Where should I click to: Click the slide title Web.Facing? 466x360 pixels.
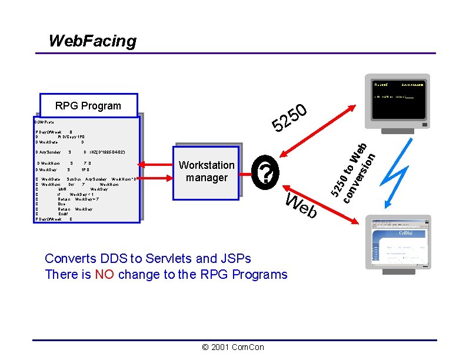point(92,41)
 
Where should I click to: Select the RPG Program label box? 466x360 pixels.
point(88,106)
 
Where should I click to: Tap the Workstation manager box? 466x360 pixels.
point(207,171)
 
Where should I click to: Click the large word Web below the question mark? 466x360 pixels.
point(301,205)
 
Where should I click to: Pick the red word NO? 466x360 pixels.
point(104,274)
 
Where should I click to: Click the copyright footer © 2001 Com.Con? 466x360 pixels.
point(233,347)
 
